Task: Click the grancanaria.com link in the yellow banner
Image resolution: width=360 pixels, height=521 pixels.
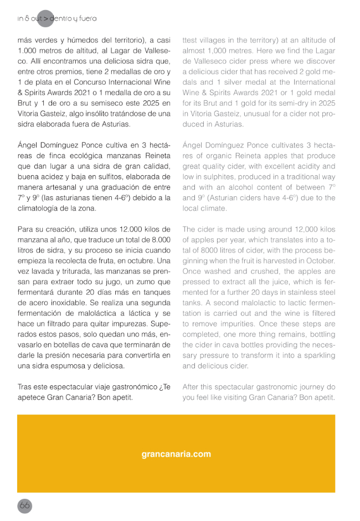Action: (176, 454)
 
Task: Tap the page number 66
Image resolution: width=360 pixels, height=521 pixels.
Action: (24, 505)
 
